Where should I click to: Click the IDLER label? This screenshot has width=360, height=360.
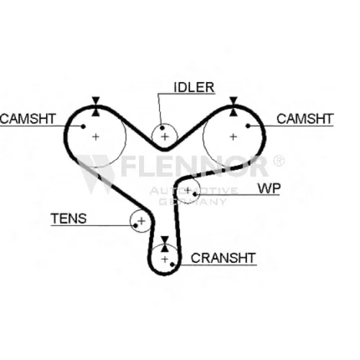click(x=194, y=87)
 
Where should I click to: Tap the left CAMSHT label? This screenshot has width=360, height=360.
click(x=28, y=119)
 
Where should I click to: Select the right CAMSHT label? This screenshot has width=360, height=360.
click(x=305, y=119)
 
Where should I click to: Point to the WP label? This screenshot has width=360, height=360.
click(x=269, y=189)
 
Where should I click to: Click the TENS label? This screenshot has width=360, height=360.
click(x=69, y=218)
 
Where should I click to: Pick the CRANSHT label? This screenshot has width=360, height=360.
click(x=223, y=258)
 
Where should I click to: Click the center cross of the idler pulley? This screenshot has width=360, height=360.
click(x=165, y=137)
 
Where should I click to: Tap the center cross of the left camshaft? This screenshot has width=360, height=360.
click(x=96, y=137)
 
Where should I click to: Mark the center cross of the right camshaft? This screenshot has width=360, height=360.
click(x=233, y=137)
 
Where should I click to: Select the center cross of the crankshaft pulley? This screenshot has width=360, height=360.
click(x=165, y=259)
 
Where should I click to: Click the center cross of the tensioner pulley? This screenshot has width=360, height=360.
click(x=142, y=221)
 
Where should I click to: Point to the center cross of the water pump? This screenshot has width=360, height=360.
click(x=188, y=190)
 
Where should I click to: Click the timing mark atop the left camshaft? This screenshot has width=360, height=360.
click(x=96, y=107)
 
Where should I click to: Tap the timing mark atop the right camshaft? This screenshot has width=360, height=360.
click(x=233, y=107)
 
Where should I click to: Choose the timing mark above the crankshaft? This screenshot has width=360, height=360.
click(x=165, y=244)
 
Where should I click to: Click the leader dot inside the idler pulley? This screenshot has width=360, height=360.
click(x=162, y=127)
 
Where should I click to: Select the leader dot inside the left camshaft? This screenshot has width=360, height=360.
click(x=84, y=126)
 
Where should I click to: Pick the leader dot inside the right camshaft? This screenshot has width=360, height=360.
click(x=248, y=125)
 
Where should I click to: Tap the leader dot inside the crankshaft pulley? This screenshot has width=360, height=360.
click(x=172, y=264)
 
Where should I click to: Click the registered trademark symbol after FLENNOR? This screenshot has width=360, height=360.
click(x=279, y=161)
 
